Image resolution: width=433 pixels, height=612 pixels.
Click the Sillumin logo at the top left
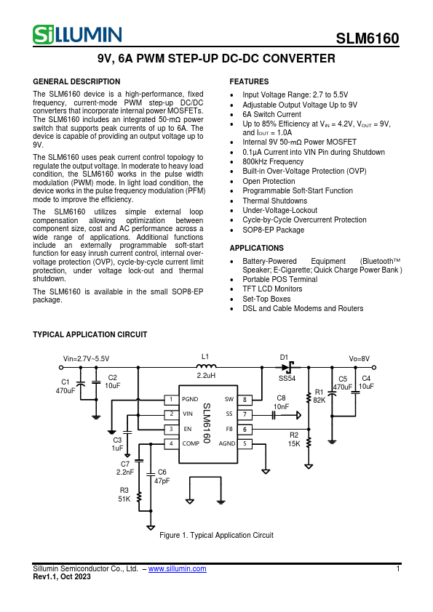tap(77, 34)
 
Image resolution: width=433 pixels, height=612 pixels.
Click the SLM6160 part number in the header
tap(367, 39)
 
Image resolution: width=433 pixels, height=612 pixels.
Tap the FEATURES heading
tap(249, 81)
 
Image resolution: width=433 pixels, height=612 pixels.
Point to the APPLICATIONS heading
tap(256, 248)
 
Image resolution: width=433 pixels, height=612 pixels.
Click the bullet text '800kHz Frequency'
tap(273, 162)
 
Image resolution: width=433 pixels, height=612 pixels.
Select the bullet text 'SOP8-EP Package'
tap(274, 230)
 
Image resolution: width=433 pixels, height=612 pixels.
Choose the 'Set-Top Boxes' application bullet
tap(266, 299)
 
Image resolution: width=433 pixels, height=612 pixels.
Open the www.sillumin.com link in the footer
tap(177, 568)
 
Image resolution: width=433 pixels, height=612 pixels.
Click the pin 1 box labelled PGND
tap(170, 400)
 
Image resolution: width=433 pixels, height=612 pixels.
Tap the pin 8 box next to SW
tap(245, 400)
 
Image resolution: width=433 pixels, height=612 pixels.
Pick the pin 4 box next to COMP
tap(170, 443)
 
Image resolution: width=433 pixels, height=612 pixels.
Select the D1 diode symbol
tap(288, 367)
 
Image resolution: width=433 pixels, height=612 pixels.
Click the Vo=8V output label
tap(359, 358)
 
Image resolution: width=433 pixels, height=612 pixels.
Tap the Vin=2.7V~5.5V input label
tap(87, 358)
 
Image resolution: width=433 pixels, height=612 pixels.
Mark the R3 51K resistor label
tap(124, 495)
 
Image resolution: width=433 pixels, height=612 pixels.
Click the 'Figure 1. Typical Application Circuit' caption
tap(216, 536)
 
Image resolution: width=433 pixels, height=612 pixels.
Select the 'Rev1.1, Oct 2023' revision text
tap(62, 576)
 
